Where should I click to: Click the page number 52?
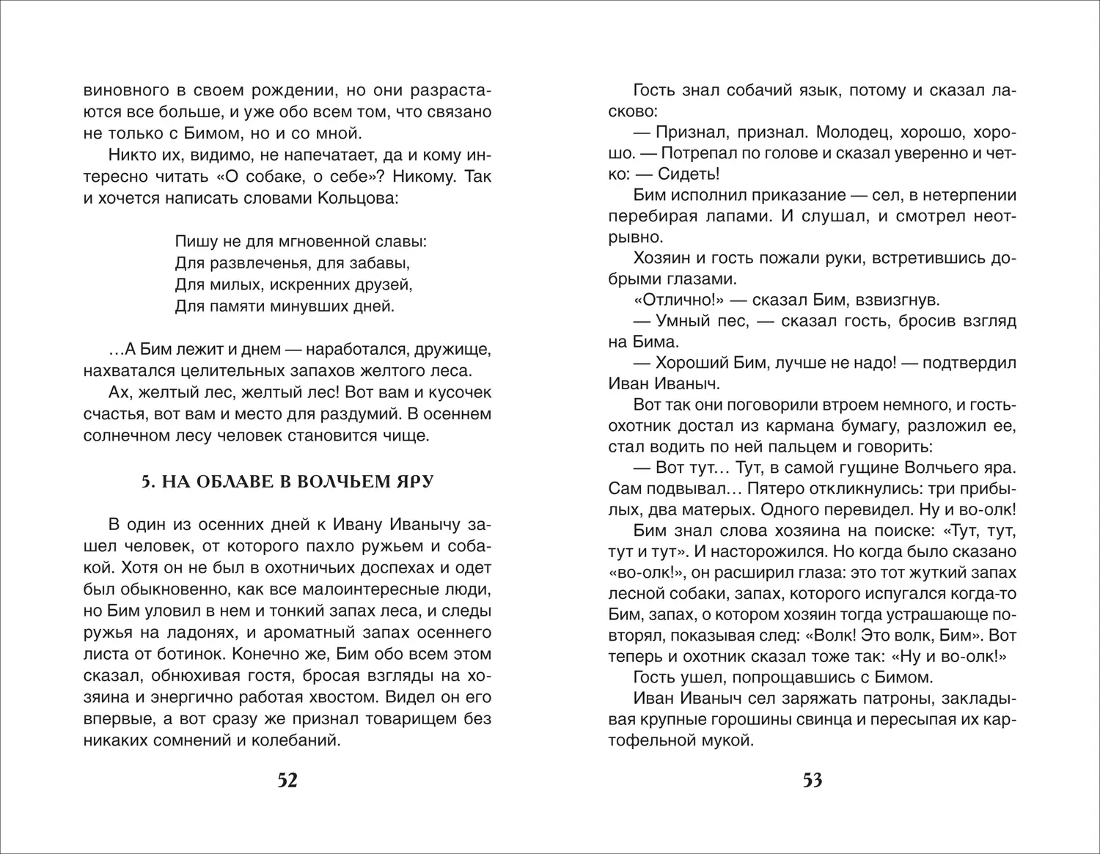point(287,781)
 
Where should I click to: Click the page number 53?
point(812,781)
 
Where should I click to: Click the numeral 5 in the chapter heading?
point(146,482)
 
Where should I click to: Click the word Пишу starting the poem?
point(193,240)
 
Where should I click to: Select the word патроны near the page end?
point(902,697)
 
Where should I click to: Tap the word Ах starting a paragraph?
point(118,391)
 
